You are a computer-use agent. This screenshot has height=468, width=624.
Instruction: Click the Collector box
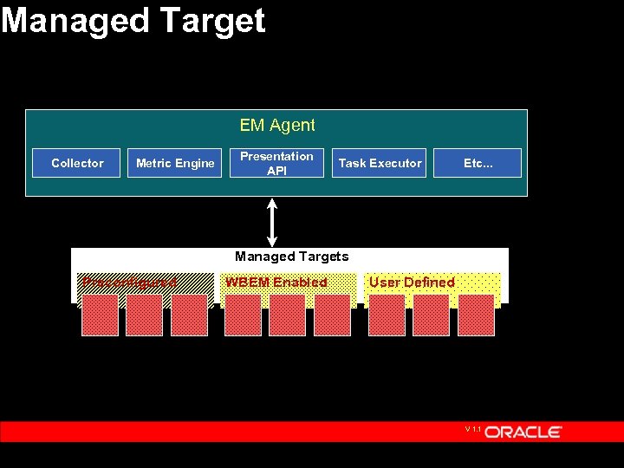(x=76, y=163)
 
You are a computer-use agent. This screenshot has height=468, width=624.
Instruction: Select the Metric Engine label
(x=175, y=163)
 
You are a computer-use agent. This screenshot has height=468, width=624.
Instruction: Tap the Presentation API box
(x=276, y=163)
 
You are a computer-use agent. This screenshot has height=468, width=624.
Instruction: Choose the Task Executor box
(x=380, y=163)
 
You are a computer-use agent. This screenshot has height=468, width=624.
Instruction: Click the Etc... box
(x=478, y=163)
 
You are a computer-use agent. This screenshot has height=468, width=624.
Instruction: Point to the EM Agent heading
(x=277, y=126)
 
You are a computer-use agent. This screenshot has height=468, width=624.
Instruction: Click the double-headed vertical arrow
(x=272, y=222)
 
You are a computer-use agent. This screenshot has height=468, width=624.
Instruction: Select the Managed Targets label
(x=291, y=257)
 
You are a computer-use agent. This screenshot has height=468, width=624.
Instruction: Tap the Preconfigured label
(x=128, y=282)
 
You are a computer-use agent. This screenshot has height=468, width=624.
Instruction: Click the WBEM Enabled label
(x=276, y=282)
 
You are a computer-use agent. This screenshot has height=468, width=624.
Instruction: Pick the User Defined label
(x=412, y=282)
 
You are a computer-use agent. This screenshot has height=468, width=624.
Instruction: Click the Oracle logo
(x=523, y=432)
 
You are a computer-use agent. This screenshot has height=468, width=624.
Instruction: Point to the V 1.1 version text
(x=472, y=429)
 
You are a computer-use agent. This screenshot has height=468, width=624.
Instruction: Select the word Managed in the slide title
(x=73, y=20)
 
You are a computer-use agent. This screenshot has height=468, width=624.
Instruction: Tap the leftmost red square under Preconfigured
(x=99, y=315)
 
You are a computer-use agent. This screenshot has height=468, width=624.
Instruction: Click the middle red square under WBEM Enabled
(x=287, y=315)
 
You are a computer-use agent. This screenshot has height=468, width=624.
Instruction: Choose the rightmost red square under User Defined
(x=476, y=315)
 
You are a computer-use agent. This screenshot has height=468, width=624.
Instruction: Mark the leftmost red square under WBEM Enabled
(x=243, y=315)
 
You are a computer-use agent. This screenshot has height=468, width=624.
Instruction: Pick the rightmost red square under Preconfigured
(x=189, y=315)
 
